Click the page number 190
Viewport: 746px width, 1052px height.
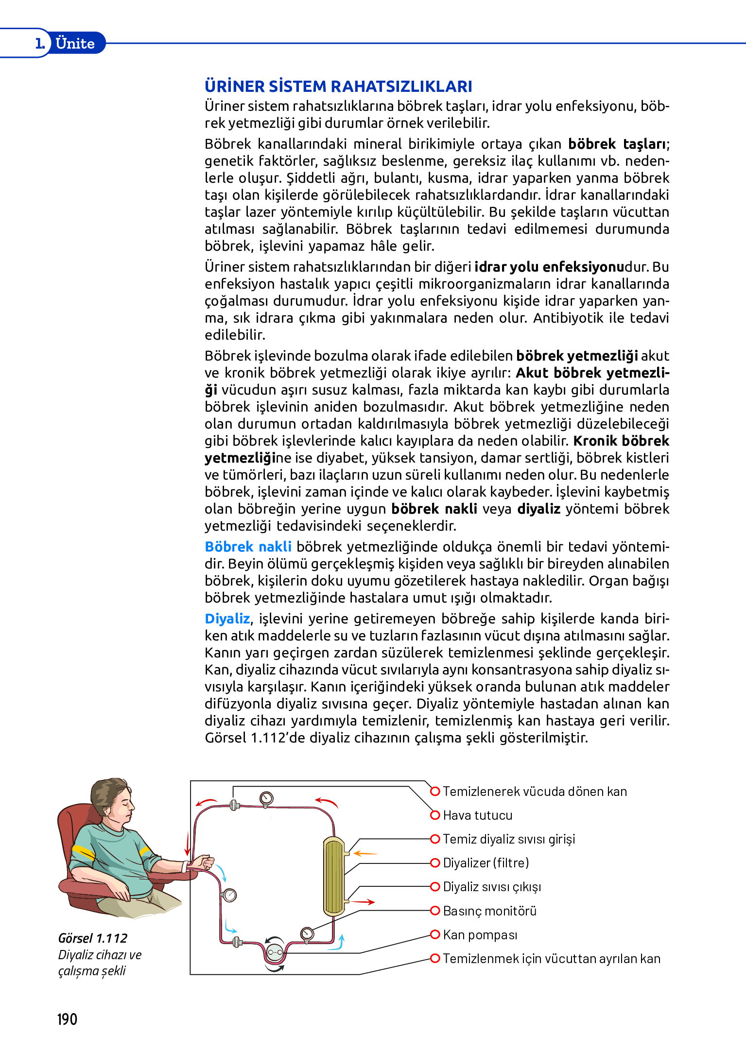(67, 1019)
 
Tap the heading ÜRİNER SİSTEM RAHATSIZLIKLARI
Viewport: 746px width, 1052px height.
(338, 86)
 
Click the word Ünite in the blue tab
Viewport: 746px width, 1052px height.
(75, 43)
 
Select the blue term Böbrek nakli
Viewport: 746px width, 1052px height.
(248, 547)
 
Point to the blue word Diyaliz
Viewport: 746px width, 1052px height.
(227, 619)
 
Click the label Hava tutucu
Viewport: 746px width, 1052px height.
(477, 815)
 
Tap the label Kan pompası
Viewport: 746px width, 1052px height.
(480, 935)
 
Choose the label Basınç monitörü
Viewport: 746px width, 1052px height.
(489, 911)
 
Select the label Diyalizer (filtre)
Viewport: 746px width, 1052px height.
(486, 863)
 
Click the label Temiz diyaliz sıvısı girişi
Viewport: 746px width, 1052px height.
(509, 839)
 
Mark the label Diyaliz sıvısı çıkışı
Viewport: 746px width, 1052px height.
(491, 887)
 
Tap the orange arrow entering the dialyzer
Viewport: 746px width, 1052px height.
(365, 853)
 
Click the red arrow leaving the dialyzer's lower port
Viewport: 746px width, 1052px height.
(363, 902)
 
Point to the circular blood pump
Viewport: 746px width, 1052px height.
(275, 953)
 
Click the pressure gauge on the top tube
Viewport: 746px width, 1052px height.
(266, 798)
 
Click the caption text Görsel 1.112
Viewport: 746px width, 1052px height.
(92, 938)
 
